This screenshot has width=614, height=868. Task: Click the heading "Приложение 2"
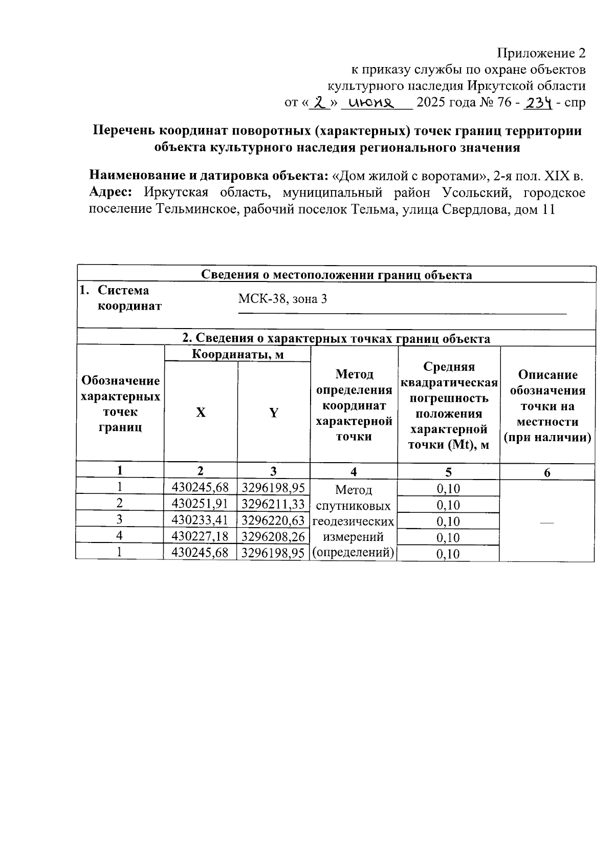pyautogui.click(x=541, y=53)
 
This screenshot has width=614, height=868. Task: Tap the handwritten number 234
pyautogui.click(x=540, y=103)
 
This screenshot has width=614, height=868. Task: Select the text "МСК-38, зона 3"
pyautogui.click(x=282, y=299)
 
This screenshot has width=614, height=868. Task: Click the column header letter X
pyautogui.click(x=201, y=413)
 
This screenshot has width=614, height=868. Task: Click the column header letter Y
pyautogui.click(x=274, y=413)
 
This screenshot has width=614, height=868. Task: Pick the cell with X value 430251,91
pyautogui.click(x=200, y=504)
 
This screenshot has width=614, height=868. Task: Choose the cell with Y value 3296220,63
pyautogui.click(x=273, y=520)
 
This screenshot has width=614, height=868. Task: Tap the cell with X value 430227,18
pyautogui.click(x=200, y=536)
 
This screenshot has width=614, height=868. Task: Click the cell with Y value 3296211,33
pyautogui.click(x=273, y=504)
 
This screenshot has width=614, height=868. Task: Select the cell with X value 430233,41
pyautogui.click(x=200, y=520)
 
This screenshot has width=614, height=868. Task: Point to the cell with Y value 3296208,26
pyautogui.click(x=273, y=536)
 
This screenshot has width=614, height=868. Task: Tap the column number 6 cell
pyautogui.click(x=547, y=472)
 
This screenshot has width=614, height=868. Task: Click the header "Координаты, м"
pyautogui.click(x=237, y=354)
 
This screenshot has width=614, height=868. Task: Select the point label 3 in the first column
pyautogui.click(x=119, y=519)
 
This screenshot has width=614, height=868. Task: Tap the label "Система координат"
pyautogui.click(x=129, y=298)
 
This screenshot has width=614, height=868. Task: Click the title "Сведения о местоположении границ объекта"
pyautogui.click(x=336, y=275)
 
